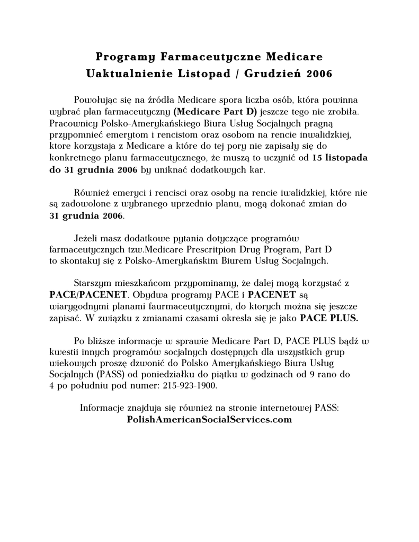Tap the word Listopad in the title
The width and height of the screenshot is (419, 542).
point(204,74)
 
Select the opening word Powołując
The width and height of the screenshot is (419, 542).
point(94,100)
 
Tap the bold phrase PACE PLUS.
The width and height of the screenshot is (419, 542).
point(329,318)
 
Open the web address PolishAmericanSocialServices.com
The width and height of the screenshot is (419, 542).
point(210,419)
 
